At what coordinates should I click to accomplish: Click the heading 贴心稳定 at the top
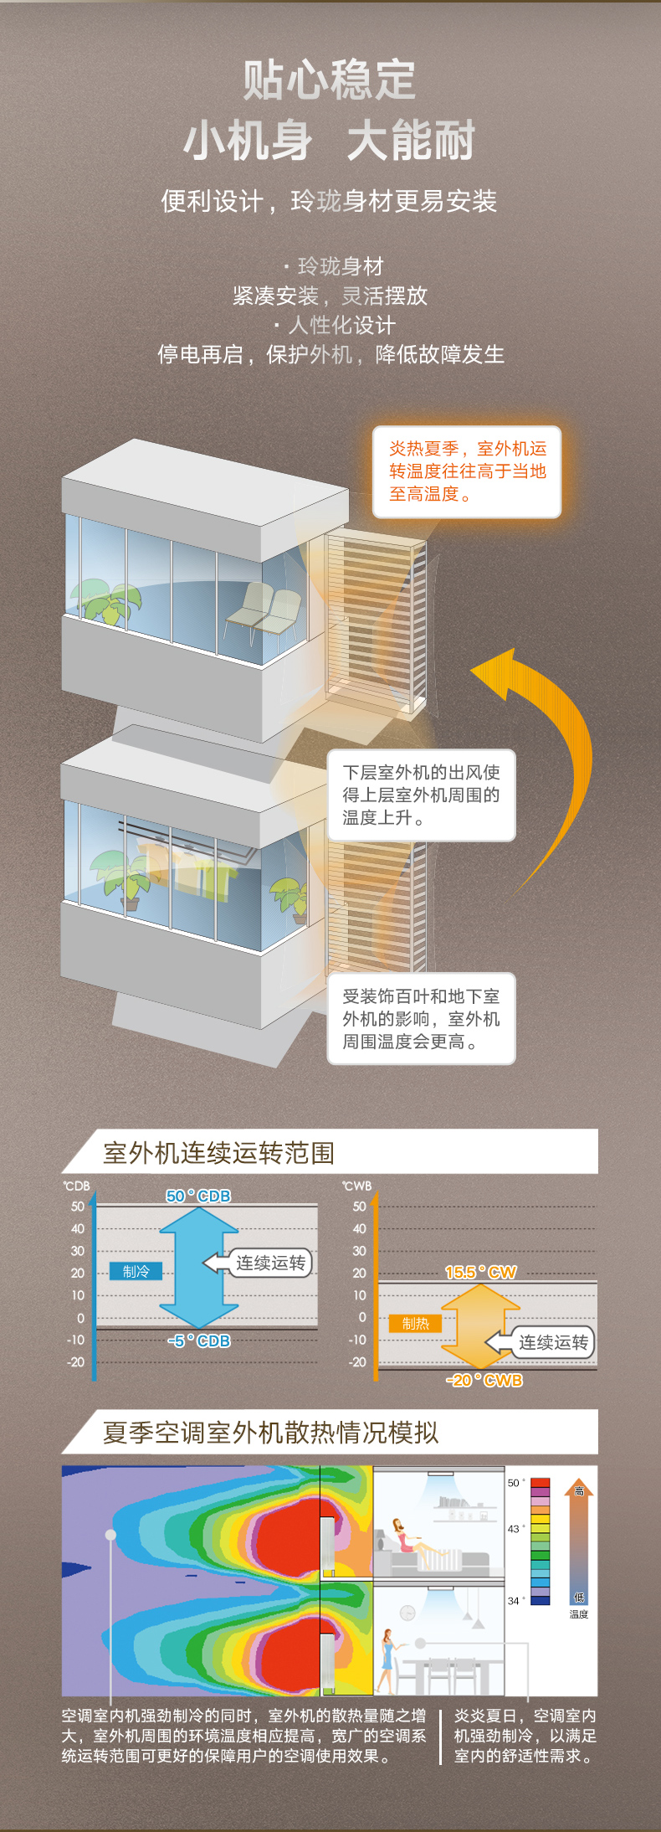point(330,80)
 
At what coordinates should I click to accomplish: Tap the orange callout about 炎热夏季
point(466,471)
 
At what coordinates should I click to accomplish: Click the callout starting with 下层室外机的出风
point(421,795)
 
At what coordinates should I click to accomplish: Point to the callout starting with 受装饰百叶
point(421,1019)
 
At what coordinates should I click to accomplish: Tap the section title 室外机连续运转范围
point(218,1153)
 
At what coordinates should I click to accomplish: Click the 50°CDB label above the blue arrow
point(198,1196)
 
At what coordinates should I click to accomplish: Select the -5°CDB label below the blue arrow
point(199,1341)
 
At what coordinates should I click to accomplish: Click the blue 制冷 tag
point(136,1271)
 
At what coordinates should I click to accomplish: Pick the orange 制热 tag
point(415,1323)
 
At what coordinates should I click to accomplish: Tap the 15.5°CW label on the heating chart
point(480,1272)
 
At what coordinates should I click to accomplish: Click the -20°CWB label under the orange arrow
point(484,1380)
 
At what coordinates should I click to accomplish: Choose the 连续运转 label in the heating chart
point(552,1342)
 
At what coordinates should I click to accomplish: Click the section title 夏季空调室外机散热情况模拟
point(270,1433)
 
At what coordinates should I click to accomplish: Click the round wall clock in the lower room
point(407,1613)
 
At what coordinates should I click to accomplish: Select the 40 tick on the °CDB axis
point(78,1228)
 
